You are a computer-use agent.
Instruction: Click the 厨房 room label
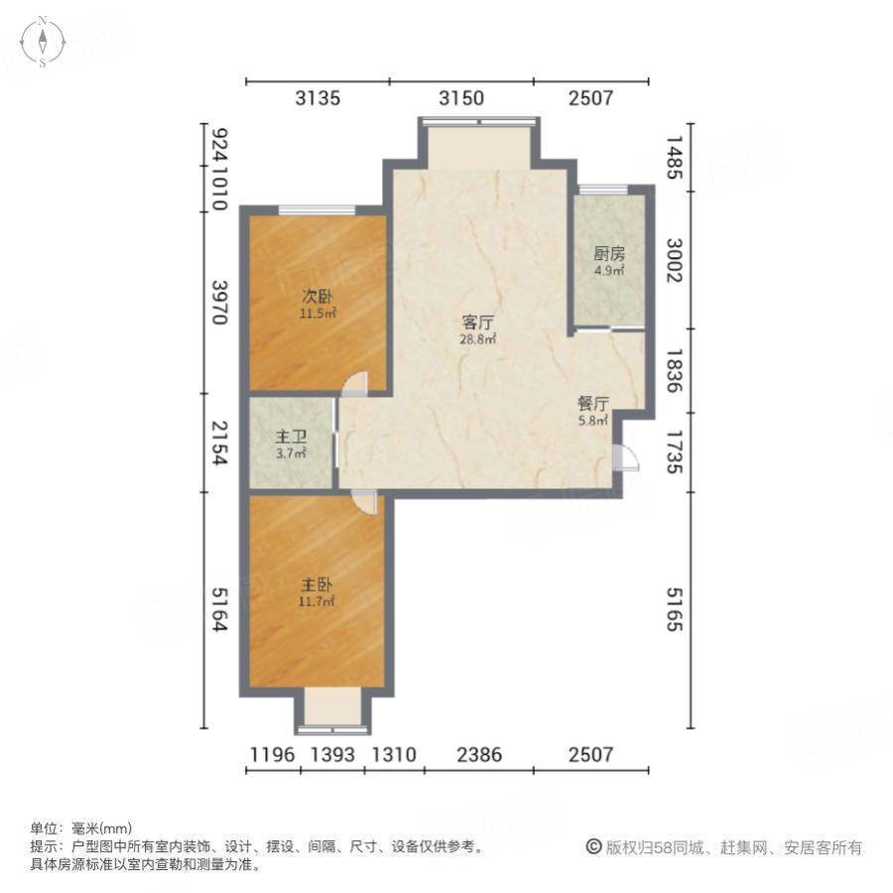[610, 254]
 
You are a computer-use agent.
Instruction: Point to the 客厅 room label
[478, 322]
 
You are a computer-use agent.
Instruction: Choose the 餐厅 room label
[593, 404]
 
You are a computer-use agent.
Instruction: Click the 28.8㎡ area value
[478, 339]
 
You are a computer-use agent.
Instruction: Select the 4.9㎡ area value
[610, 270]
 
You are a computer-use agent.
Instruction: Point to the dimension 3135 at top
[318, 98]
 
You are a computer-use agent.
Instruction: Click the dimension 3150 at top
[461, 98]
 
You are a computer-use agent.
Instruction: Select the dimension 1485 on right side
[674, 158]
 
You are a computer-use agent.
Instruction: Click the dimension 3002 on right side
[674, 262]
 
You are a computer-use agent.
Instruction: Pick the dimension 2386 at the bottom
[478, 755]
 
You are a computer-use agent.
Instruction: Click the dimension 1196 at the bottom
[271, 755]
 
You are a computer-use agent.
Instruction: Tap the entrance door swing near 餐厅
[626, 456]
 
